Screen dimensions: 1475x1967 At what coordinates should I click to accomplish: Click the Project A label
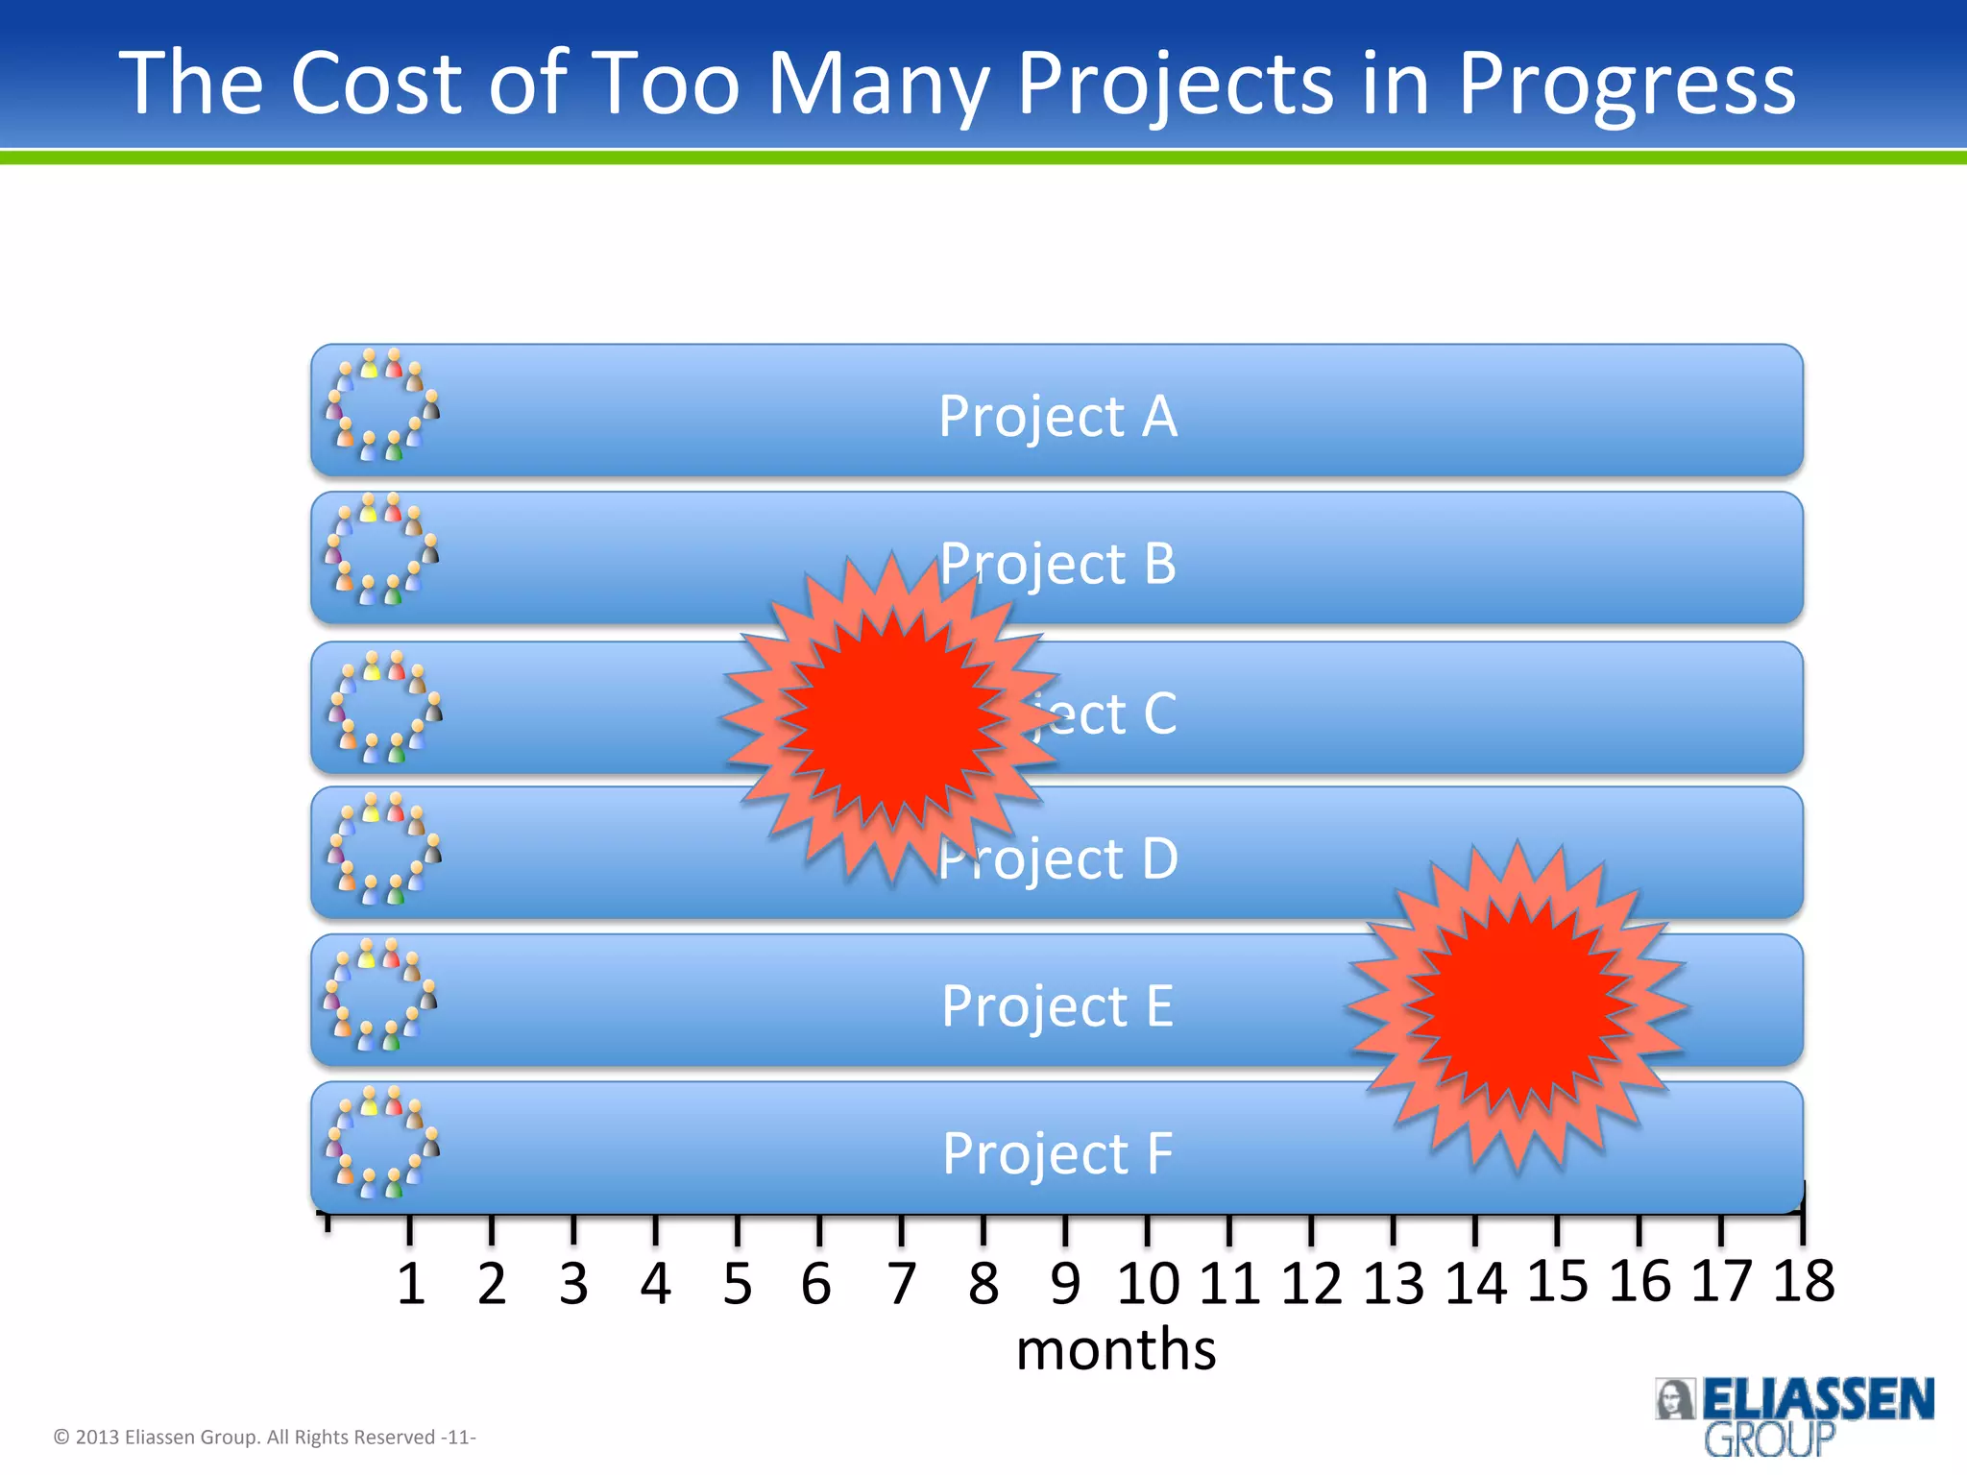pyautogui.click(x=1057, y=417)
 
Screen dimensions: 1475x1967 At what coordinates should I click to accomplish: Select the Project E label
pyautogui.click(x=1057, y=1006)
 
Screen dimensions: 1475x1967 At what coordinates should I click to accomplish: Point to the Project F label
pyautogui.click(x=1057, y=1153)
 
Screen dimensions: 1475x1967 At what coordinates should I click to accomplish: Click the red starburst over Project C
pyautogui.click(x=890, y=716)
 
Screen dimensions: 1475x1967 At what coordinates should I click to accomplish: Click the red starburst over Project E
pyautogui.click(x=1517, y=1005)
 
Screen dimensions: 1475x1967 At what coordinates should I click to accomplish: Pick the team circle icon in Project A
pyautogui.click(x=382, y=405)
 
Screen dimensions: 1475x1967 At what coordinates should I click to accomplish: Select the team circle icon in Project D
pyautogui.click(x=383, y=848)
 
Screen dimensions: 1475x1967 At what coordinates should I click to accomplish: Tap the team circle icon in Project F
pyautogui.click(x=382, y=1143)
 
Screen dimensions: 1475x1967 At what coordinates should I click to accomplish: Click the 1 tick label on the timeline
pyautogui.click(x=411, y=1284)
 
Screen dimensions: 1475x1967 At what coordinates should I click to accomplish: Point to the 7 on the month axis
pyautogui.click(x=901, y=1284)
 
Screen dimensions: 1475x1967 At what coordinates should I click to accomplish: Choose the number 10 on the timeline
pyautogui.click(x=1148, y=1284)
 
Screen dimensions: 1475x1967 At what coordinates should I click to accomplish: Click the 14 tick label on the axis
pyautogui.click(x=1475, y=1284)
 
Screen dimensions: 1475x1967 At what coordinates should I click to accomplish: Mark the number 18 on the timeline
pyautogui.click(x=1803, y=1281)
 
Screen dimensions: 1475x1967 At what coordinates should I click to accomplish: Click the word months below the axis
pyautogui.click(x=1116, y=1349)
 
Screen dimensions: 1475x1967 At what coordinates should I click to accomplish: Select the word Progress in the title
pyautogui.click(x=1626, y=84)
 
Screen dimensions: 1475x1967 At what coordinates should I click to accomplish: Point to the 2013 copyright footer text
pyautogui.click(x=264, y=1437)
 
